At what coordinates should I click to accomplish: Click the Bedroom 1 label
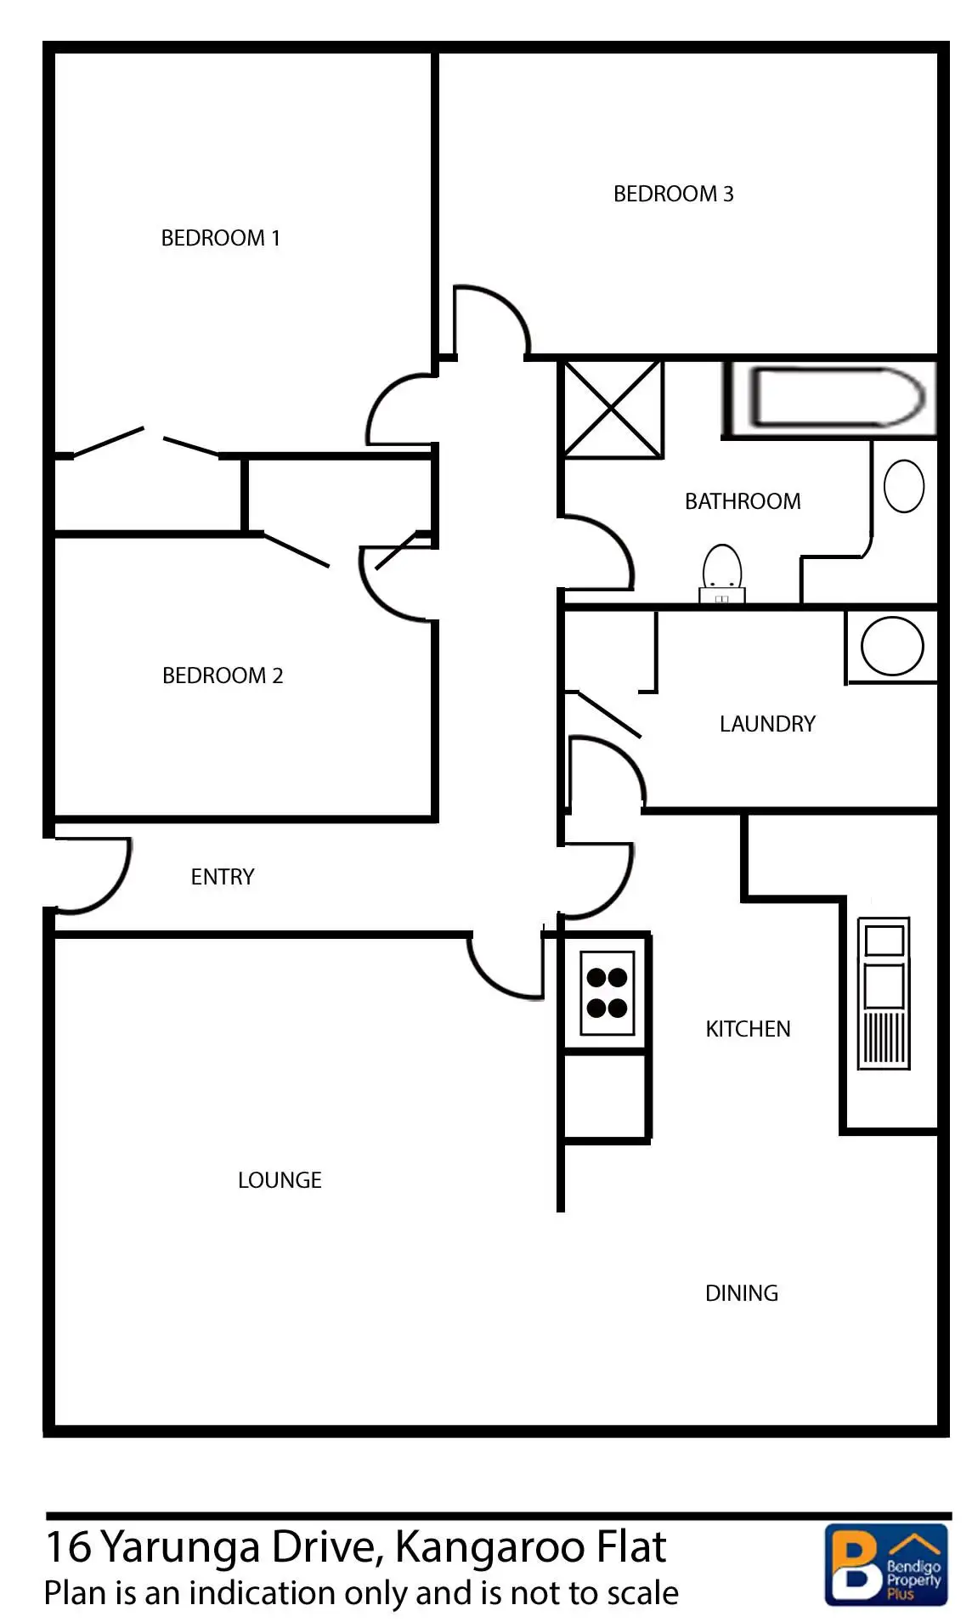pyautogui.click(x=220, y=238)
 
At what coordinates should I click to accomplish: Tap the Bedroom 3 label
pyautogui.click(x=673, y=194)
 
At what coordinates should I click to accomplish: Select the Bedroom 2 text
pyautogui.click(x=223, y=675)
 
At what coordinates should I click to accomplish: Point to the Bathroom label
pyautogui.click(x=743, y=501)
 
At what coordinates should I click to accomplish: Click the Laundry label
pyautogui.click(x=767, y=724)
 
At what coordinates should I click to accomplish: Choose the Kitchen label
pyautogui.click(x=748, y=1029)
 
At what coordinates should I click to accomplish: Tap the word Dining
pyautogui.click(x=742, y=1293)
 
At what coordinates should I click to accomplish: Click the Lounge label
pyautogui.click(x=280, y=1180)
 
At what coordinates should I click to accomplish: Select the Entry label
pyautogui.click(x=223, y=877)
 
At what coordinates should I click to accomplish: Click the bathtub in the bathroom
pyautogui.click(x=836, y=398)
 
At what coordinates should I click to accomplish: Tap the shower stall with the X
pyautogui.click(x=613, y=409)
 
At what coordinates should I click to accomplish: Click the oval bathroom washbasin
pyautogui.click(x=904, y=486)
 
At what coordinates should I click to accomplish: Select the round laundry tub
pyautogui.click(x=892, y=646)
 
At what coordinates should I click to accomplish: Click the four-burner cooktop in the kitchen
pyautogui.click(x=607, y=992)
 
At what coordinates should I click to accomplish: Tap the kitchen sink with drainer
pyautogui.click(x=884, y=992)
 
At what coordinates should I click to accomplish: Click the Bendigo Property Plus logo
pyautogui.click(x=886, y=1565)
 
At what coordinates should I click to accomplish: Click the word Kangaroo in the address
pyautogui.click(x=475, y=1547)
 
